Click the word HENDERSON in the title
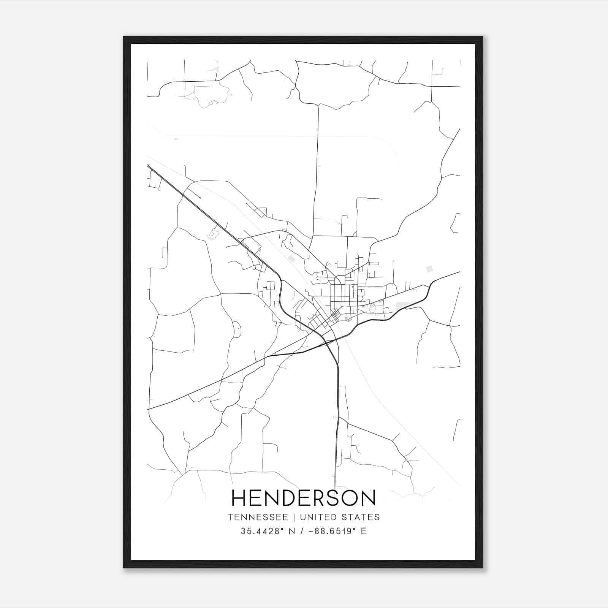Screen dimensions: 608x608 304,498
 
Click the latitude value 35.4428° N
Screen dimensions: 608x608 266,531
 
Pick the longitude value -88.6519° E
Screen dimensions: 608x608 335,531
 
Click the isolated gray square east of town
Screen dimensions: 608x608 429,269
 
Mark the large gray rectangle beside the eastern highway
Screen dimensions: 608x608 402,306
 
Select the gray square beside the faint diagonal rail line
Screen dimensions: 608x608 291,259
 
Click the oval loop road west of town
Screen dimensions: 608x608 236,329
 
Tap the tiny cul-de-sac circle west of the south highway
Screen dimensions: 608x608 334,417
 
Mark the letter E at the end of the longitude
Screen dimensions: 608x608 364,531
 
